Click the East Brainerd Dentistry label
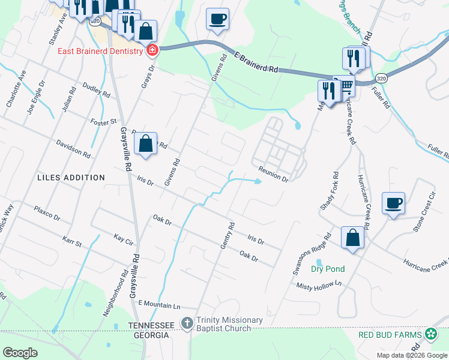click(100, 50)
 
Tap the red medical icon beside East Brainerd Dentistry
click(152, 50)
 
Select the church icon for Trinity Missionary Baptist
click(187, 323)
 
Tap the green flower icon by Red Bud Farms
click(430, 334)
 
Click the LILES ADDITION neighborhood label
click(71, 178)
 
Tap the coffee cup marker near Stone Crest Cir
click(393, 203)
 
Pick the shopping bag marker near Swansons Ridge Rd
click(352, 238)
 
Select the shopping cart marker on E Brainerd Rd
click(346, 85)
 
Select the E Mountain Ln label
click(159, 305)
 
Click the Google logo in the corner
click(20, 353)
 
